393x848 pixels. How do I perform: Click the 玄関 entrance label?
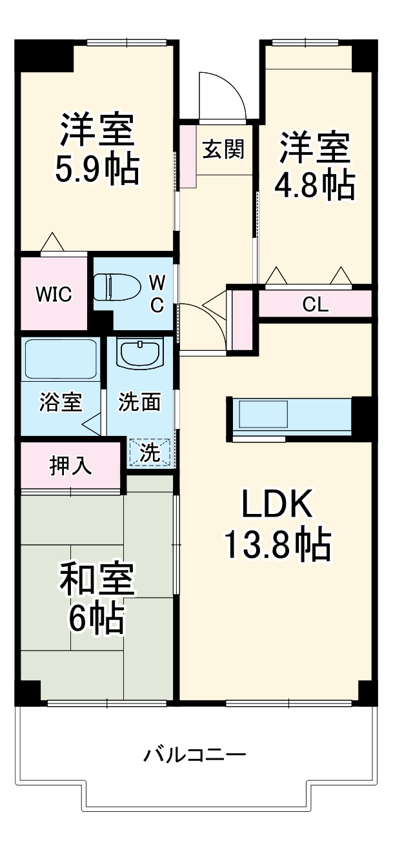click(223, 150)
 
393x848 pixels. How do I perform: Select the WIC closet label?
click(53, 294)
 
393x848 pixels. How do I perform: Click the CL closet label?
click(316, 304)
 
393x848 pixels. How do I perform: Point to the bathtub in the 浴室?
click(60, 359)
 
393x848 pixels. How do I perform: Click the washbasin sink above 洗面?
click(139, 354)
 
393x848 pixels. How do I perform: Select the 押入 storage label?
click(70, 466)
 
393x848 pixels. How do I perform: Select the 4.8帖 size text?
click(314, 184)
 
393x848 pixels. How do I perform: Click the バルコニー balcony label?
click(194, 754)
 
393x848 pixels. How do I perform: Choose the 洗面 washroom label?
click(139, 402)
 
